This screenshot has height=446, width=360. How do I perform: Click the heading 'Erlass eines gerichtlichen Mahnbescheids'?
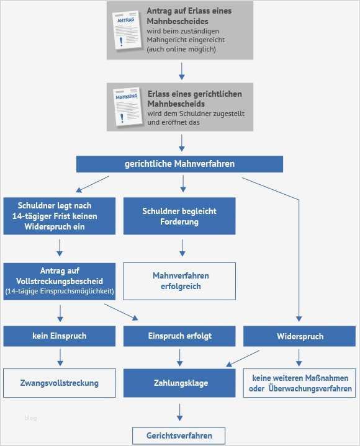pos(194,99)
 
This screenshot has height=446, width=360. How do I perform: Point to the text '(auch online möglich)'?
pos(181,49)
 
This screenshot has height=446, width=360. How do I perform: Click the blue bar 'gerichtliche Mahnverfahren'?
pos(179,164)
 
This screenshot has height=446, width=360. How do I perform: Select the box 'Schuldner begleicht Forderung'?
pos(179,216)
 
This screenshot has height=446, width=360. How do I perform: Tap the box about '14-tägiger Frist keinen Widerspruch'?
pos(60,216)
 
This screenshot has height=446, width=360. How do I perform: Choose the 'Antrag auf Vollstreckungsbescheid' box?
pos(60,281)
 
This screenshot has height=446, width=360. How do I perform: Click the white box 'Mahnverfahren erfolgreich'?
pos(179,281)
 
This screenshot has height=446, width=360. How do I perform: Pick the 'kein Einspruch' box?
pos(60,336)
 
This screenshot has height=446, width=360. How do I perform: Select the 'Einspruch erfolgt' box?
pos(179,336)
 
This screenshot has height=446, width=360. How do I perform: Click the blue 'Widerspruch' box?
pos(299,336)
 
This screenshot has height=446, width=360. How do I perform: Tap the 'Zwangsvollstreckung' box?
pos(60,383)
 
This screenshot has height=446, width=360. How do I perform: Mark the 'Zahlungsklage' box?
pos(179,383)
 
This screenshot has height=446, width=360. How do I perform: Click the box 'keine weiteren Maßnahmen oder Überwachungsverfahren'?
pos(299,383)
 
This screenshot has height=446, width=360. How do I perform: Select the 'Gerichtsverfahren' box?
pos(179,435)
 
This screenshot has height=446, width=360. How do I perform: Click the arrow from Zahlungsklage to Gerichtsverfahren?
pos(180,412)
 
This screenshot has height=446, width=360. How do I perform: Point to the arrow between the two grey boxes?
pos(182,71)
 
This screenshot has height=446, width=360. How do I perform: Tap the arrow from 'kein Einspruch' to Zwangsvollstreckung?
pos(60,357)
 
